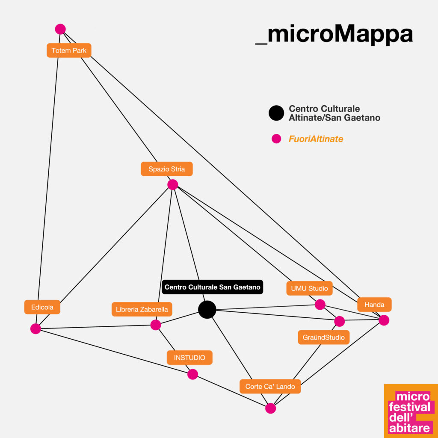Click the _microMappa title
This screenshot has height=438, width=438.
pos(334,35)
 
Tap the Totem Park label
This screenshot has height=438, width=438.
pos(69,50)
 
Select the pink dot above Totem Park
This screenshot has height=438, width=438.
pos(60,29)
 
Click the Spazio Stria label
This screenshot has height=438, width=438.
pos(167,169)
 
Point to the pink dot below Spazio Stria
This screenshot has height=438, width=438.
pos(173,185)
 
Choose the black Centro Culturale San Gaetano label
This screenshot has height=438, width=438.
pos(212,287)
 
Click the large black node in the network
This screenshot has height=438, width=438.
pos(207,310)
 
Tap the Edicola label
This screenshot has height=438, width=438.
pos(42,307)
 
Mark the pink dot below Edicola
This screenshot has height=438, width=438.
pos(36,329)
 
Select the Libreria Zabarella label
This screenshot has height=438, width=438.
pos(142,309)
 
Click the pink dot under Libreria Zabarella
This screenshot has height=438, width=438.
pos(156,325)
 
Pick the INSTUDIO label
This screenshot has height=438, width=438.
pos(189,358)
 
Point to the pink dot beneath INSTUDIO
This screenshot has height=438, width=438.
pos(192,374)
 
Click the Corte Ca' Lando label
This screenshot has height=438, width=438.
pos(270,386)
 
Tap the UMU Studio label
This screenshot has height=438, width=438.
pos(310,288)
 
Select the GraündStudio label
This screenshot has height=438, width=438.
pos(324,337)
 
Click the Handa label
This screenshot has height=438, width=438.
pos(374,305)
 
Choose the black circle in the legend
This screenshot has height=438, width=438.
pos(276,113)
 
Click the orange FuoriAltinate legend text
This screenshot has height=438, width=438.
pos(316,139)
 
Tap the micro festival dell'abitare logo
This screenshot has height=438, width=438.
pos(411,411)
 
